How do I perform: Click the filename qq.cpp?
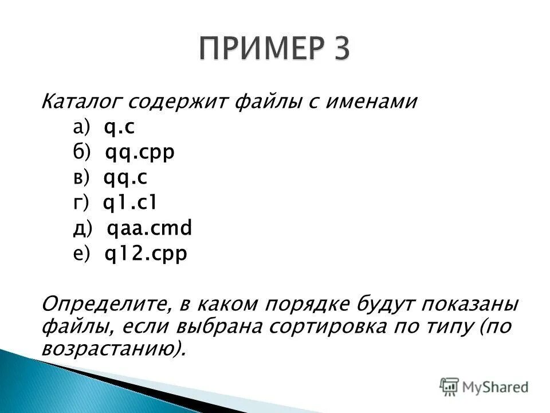[140, 153]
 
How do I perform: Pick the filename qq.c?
[125, 178]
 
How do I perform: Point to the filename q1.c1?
[129, 203]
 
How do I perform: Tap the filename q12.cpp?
[146, 254]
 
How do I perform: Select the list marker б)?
[81, 153]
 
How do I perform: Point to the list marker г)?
[81, 203]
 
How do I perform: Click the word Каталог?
[78, 103]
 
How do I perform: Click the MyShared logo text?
[496, 387]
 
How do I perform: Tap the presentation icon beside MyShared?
[449, 387]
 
